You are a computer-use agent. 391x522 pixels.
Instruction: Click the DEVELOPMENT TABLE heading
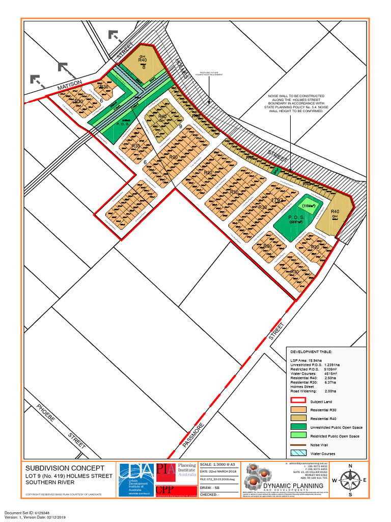[311, 352]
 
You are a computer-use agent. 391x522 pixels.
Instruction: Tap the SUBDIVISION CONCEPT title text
[65, 468]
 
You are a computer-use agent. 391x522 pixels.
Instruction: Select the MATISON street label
[69, 86]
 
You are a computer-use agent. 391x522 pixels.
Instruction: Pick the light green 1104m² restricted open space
[309, 205]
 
